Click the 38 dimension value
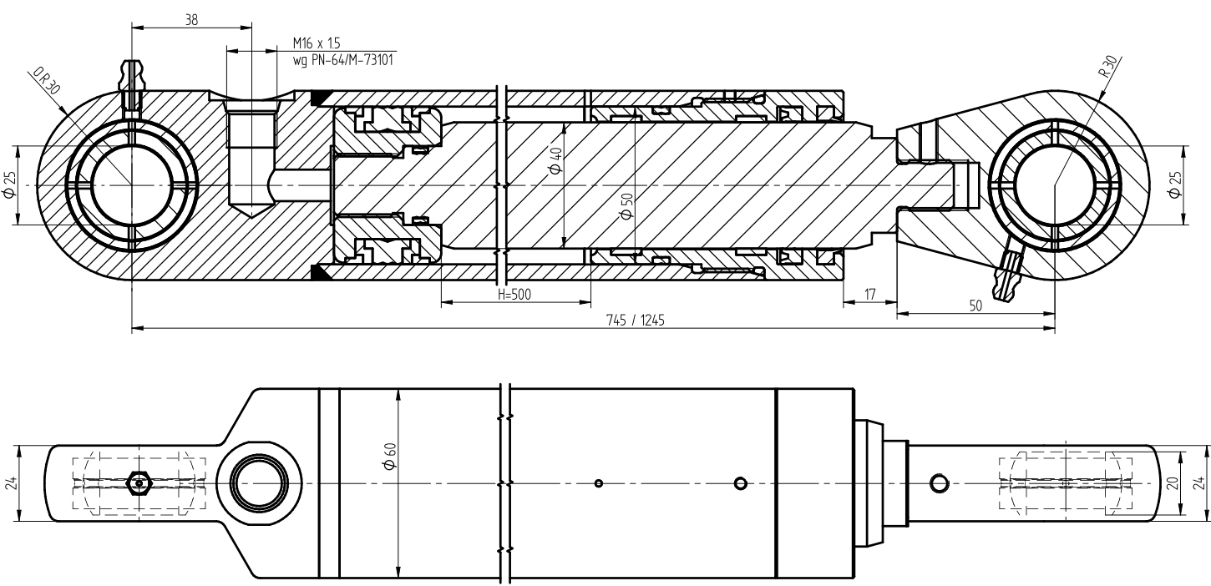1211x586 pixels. [x=191, y=20]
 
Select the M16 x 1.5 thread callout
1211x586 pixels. [x=317, y=43]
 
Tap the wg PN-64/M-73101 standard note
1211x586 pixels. [x=342, y=59]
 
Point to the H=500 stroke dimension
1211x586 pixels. [x=514, y=294]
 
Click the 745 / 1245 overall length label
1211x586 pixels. [x=636, y=321]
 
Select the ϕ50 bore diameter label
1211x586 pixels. [x=626, y=206]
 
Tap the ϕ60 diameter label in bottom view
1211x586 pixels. [x=390, y=456]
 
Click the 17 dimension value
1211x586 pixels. [x=869, y=295]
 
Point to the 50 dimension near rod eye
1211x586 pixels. [x=975, y=306]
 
